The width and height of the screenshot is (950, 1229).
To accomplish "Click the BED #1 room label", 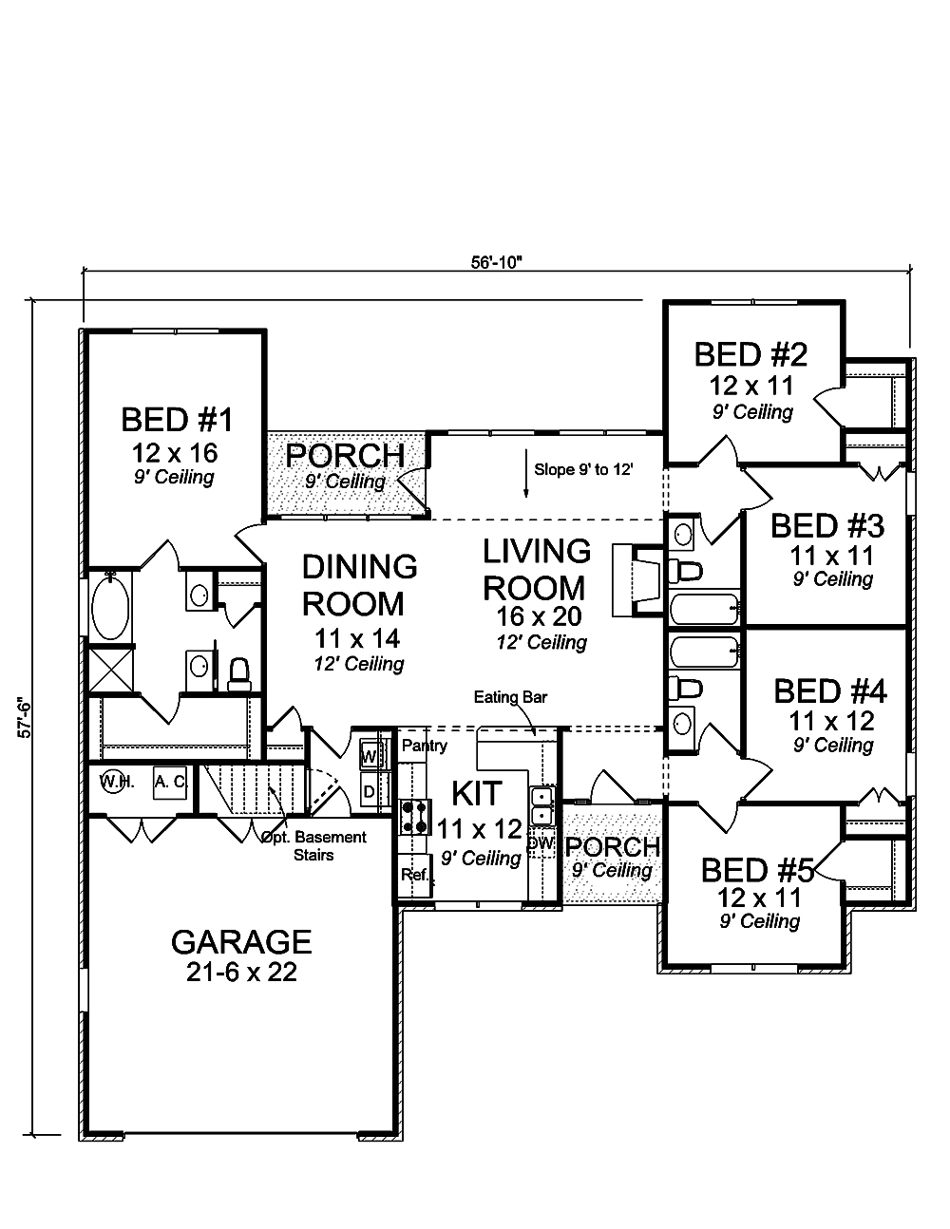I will (x=177, y=419).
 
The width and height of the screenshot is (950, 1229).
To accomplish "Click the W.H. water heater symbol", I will (x=117, y=784).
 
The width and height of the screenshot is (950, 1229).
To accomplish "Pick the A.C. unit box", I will (x=170, y=783).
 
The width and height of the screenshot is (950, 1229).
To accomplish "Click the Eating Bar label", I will (x=510, y=698).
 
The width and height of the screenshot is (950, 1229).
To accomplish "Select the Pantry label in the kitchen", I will (x=424, y=746).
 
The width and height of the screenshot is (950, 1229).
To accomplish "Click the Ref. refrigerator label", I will (x=414, y=875).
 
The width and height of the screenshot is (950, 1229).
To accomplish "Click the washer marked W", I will (x=370, y=757).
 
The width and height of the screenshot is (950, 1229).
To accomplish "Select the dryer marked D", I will (x=370, y=790).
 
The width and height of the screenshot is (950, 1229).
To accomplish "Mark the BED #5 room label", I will (x=758, y=870).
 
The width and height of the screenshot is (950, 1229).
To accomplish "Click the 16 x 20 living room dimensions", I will (x=539, y=617).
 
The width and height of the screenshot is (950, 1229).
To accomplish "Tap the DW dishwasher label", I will (x=540, y=842).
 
